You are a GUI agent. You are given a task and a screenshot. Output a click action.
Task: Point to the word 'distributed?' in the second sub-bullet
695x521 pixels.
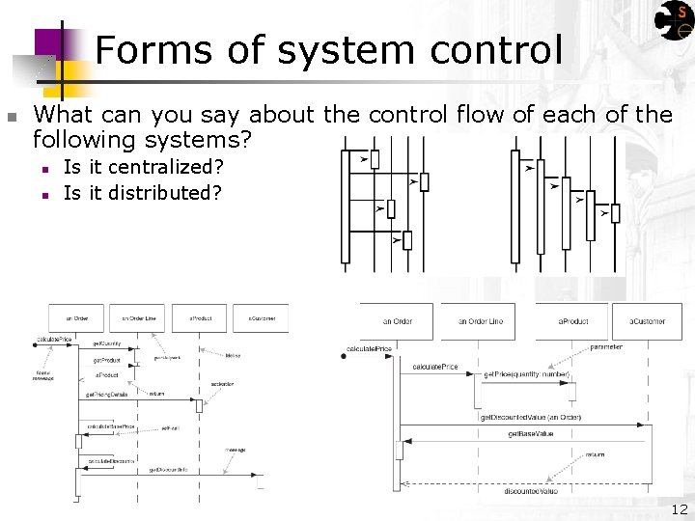pyautogui.click(x=164, y=193)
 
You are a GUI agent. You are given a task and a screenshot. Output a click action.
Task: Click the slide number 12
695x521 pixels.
pyautogui.click(x=680, y=509)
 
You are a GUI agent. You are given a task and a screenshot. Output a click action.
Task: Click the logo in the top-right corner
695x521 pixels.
pyautogui.click(x=675, y=20)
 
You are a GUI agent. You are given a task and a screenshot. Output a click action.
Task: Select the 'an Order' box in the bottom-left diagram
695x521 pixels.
pyautogui.click(x=76, y=318)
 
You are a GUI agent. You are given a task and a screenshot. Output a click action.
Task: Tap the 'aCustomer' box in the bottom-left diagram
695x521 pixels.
pyautogui.click(x=261, y=318)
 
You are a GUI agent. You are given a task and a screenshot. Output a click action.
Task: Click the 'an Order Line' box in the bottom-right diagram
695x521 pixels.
pyautogui.click(x=480, y=321)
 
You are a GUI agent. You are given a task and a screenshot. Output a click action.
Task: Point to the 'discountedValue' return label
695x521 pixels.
pyautogui.click(x=530, y=491)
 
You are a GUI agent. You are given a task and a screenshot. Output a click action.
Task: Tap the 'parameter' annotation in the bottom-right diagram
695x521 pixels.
pyautogui.click(x=606, y=347)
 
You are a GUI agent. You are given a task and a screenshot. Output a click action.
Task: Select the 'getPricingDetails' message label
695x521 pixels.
pyautogui.click(x=106, y=395)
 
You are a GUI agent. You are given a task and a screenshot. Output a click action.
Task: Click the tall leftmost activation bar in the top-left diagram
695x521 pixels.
pyautogui.click(x=345, y=206)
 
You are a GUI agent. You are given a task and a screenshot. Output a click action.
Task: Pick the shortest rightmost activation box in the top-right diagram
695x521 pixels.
pyautogui.click(x=616, y=212)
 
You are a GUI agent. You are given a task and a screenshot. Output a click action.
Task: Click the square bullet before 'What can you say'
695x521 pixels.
pyautogui.click(x=12, y=117)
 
